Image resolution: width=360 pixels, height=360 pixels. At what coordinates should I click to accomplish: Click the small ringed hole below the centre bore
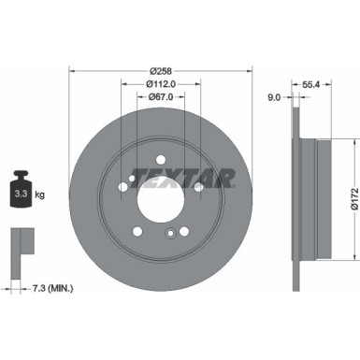tap(169, 234)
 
